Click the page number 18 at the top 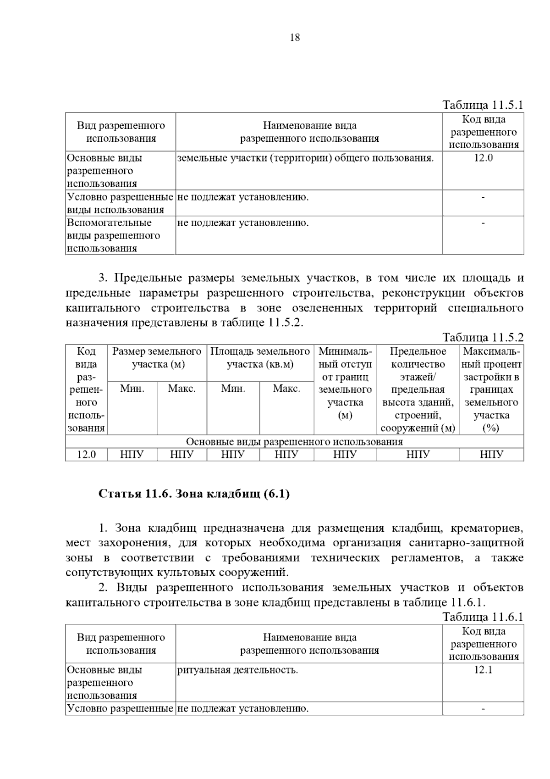pyautogui.click(x=295, y=38)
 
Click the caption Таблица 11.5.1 pyautogui.click(x=483, y=105)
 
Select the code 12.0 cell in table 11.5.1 pyautogui.click(x=483, y=158)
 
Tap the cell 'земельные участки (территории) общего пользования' pyautogui.click(x=305, y=158)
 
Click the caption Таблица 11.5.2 pyautogui.click(x=483, y=338)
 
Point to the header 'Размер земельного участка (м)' pyautogui.click(x=157, y=358)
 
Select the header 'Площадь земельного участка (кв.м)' pyautogui.click(x=260, y=358)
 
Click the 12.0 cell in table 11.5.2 pyautogui.click(x=86, y=455)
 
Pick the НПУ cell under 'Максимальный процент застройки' pyautogui.click(x=491, y=455)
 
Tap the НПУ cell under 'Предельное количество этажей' pyautogui.click(x=418, y=455)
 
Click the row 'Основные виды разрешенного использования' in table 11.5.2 pyautogui.click(x=294, y=442)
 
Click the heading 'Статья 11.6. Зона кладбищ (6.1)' pyautogui.click(x=194, y=494)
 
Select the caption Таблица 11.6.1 pyautogui.click(x=483, y=617)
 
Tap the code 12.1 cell pyautogui.click(x=483, y=670)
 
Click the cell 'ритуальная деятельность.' pyautogui.click(x=237, y=670)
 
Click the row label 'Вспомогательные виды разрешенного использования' pyautogui.click(x=113, y=236)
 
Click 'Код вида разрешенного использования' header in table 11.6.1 pyautogui.click(x=483, y=644)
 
